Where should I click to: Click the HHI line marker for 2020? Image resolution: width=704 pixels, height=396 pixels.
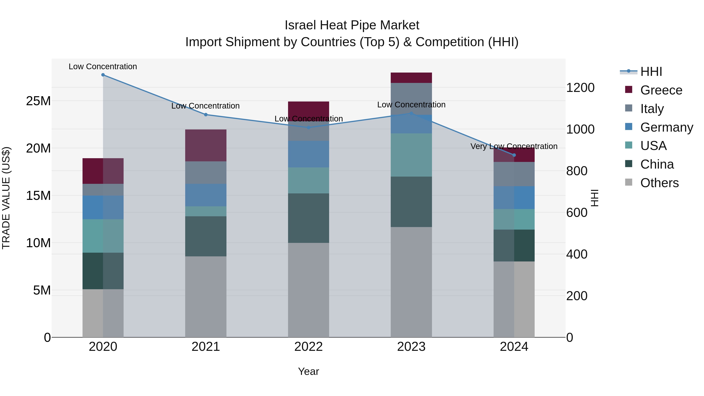pos(103,75)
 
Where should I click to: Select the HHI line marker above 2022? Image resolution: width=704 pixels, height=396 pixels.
pos(309,127)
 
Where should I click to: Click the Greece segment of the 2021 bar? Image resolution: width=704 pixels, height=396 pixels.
pos(206,145)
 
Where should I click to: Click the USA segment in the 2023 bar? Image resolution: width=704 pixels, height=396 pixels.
pos(411,155)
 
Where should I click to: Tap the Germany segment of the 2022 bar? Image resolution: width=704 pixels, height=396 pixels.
pos(309,154)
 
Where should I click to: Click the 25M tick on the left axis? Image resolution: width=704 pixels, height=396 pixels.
pos(38,101)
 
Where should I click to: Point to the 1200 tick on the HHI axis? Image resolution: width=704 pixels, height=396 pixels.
pos(580,88)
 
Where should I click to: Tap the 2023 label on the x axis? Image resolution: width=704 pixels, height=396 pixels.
pos(411,347)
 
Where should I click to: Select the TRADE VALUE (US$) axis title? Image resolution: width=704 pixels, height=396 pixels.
pos(6,198)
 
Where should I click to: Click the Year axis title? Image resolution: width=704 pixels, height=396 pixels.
pos(309,371)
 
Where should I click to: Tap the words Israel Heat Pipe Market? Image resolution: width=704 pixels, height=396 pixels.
pos(352,25)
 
